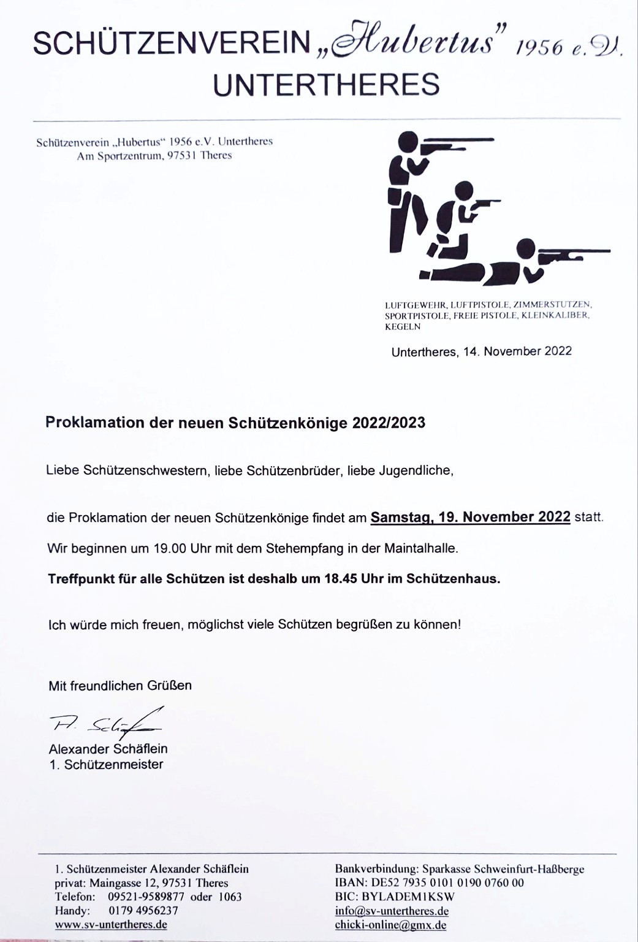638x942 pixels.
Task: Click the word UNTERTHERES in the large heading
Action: (x=326, y=84)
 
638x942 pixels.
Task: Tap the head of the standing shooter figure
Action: (x=408, y=142)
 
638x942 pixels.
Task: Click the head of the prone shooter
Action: (x=526, y=250)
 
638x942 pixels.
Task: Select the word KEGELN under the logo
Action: (x=403, y=327)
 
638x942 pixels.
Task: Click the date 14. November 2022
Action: (x=514, y=351)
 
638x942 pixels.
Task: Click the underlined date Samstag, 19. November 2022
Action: (x=471, y=517)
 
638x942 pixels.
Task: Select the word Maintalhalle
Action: (x=420, y=548)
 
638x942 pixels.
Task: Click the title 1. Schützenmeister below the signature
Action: (x=106, y=764)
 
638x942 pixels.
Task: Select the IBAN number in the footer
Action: (x=446, y=883)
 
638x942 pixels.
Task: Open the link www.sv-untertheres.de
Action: (x=111, y=924)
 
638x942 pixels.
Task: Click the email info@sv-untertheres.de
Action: (x=392, y=911)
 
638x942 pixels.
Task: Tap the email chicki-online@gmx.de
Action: (x=390, y=925)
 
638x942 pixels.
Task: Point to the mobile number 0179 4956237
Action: (x=143, y=910)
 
